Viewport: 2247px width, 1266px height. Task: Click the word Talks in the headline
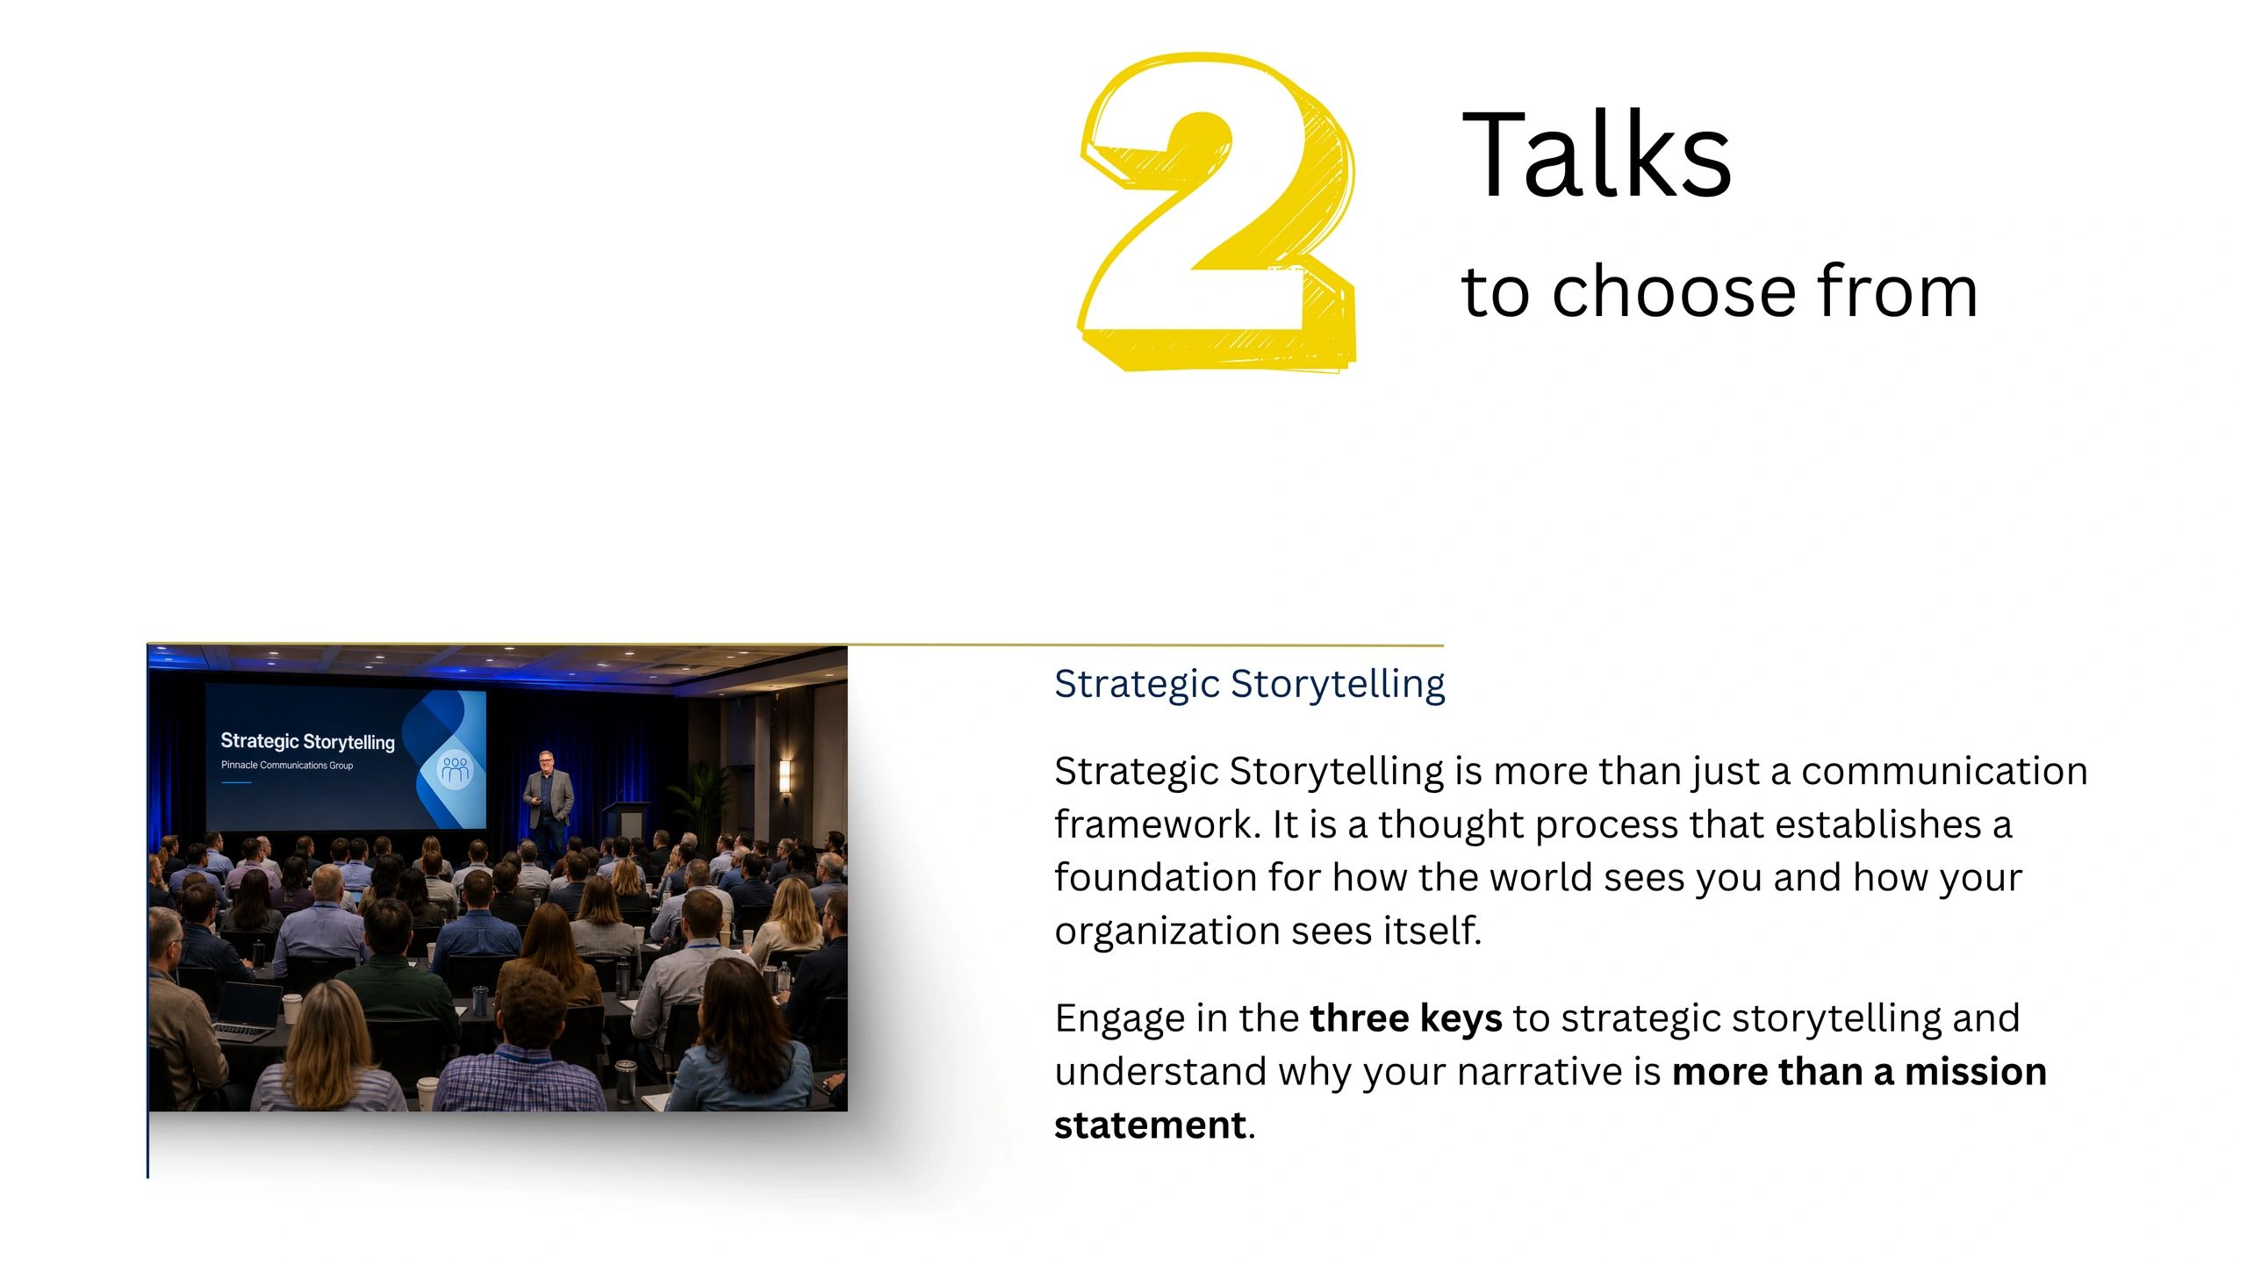click(1597, 155)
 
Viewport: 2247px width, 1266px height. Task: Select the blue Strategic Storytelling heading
click(1250, 683)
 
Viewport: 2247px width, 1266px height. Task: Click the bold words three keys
click(1406, 1018)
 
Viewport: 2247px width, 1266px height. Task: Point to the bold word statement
click(1150, 1126)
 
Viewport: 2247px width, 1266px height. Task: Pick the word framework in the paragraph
click(1158, 824)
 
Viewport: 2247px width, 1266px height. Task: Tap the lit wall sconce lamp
click(785, 777)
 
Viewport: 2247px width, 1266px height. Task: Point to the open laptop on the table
click(248, 1012)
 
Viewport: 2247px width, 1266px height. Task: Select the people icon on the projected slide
click(455, 770)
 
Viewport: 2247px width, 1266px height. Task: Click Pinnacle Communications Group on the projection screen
click(287, 766)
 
